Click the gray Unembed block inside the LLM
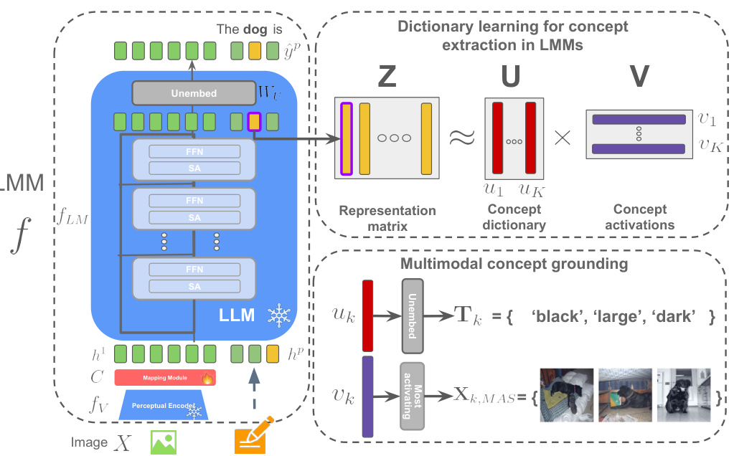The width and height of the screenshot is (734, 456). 194,92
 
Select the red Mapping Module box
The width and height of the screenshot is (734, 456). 165,377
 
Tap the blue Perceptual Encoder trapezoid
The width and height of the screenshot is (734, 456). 165,405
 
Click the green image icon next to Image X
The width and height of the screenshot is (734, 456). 163,441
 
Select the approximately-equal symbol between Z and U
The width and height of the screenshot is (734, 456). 462,139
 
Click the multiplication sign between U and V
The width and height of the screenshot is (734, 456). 563,139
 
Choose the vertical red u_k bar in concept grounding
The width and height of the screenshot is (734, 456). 368,315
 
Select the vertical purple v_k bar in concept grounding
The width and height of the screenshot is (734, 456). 368,396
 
